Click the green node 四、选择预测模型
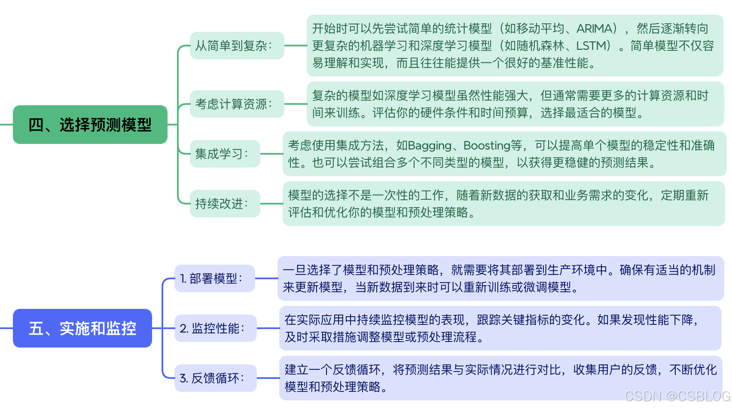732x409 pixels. [90, 125]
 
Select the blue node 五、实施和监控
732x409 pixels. [82, 328]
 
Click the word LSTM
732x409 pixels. [593, 46]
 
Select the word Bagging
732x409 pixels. [429, 146]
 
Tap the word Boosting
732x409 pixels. [486, 146]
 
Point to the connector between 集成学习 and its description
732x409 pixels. [271, 154]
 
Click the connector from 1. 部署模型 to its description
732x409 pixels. [266, 278]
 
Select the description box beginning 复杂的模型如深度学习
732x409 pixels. [515, 104]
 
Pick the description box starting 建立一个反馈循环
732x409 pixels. [500, 378]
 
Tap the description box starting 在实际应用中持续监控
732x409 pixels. [500, 328]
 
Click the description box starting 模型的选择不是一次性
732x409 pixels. [503, 204]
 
